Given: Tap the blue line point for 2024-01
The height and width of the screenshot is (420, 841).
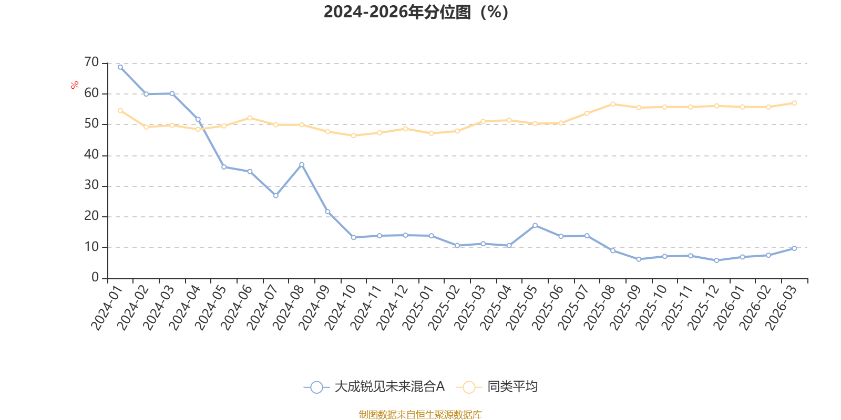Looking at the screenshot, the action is click(x=120, y=67).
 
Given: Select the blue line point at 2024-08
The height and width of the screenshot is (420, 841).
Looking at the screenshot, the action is click(x=302, y=165).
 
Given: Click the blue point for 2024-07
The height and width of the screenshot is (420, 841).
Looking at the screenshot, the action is click(x=275, y=195).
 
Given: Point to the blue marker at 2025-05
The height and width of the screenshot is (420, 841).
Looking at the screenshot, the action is click(x=535, y=225).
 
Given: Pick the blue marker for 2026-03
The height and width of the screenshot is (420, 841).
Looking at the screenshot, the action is click(x=794, y=248).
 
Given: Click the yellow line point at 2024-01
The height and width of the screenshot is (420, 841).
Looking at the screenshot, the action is click(x=120, y=111).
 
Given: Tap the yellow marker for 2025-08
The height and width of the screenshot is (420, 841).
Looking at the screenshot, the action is click(x=613, y=104).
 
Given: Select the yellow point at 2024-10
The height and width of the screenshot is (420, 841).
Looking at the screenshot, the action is click(x=353, y=136).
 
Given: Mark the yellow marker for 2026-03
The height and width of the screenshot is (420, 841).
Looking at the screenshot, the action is click(x=794, y=103).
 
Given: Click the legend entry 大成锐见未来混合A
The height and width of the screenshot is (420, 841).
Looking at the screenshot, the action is click(x=374, y=386).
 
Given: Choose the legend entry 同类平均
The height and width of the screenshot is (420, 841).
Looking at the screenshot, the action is click(x=497, y=386).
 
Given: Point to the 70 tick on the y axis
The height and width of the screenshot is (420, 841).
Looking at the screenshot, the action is click(x=91, y=62).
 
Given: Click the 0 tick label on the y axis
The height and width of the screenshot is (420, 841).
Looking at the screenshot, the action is click(x=95, y=277).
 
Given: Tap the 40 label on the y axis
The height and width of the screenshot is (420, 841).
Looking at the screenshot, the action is click(x=91, y=154).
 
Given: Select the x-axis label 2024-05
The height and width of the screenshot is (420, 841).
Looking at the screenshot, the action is click(x=211, y=308).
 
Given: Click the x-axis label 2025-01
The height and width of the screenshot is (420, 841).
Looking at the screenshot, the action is click(x=418, y=308).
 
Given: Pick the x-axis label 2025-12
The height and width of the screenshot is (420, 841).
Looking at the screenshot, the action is click(x=703, y=308).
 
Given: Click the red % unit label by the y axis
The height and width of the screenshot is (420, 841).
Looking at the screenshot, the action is click(x=74, y=85).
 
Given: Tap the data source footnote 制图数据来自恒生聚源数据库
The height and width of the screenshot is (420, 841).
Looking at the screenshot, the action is click(x=420, y=414).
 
